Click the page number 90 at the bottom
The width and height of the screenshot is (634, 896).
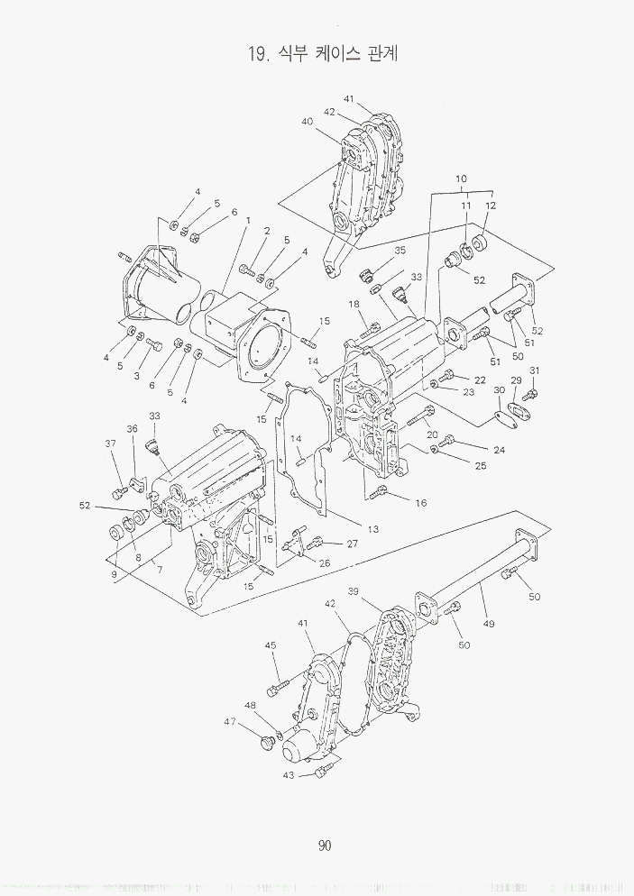click(x=325, y=846)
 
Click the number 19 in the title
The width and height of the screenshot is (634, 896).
click(x=255, y=54)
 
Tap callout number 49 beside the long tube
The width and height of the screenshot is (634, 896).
click(x=489, y=624)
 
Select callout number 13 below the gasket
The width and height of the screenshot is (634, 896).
click(x=372, y=529)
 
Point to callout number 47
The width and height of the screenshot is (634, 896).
click(x=230, y=722)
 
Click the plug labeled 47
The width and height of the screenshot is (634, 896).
click(x=266, y=743)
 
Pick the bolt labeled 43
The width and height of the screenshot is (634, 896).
click(x=322, y=773)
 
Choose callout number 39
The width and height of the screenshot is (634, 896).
click(x=354, y=590)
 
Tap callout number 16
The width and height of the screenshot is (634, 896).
click(x=421, y=503)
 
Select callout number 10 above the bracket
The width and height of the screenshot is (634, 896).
click(x=462, y=178)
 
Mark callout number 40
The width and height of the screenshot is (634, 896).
click(x=308, y=121)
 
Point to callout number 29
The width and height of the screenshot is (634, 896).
click(x=516, y=380)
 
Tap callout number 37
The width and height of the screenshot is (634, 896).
click(x=110, y=443)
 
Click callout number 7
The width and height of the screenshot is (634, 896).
click(x=160, y=569)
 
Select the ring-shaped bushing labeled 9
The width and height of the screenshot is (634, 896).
click(x=116, y=534)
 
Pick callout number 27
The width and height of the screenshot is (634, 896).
click(x=353, y=544)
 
